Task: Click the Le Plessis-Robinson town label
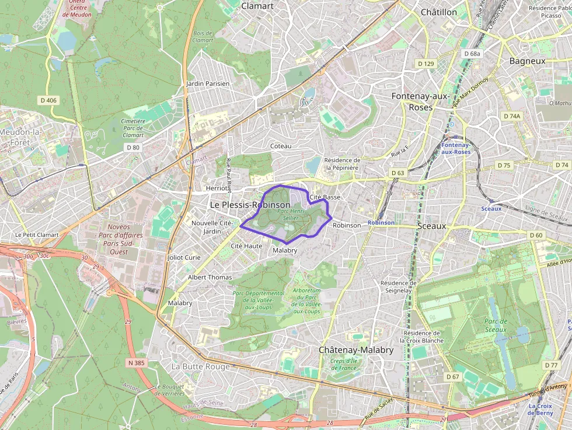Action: tap(249, 205)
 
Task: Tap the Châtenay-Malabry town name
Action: tap(356, 350)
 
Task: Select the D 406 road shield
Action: tap(49, 100)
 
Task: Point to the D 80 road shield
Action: tap(133, 148)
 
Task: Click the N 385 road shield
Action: tap(136, 363)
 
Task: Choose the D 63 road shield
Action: tap(397, 173)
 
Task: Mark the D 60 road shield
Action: tap(536, 235)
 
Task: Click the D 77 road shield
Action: tap(551, 365)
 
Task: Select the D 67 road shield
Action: tap(453, 377)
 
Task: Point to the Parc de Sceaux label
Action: tap(496, 325)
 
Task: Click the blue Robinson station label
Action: tap(381, 223)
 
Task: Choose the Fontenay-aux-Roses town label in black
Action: tap(420, 102)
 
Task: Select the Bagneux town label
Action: tap(527, 61)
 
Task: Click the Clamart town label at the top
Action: tap(257, 6)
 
